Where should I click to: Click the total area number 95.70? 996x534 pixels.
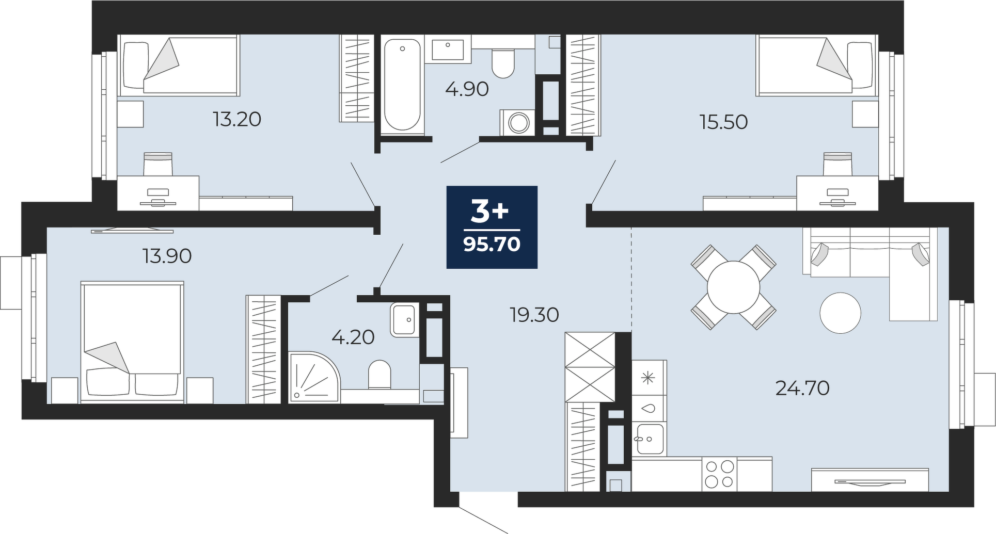click(492, 244)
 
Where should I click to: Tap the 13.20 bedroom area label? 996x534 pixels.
click(237, 120)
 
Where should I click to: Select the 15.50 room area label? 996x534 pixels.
click(723, 122)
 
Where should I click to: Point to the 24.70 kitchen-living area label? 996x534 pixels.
click(802, 387)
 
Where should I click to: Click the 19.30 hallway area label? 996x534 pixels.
click(534, 314)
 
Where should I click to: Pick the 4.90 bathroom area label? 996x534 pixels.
click(467, 89)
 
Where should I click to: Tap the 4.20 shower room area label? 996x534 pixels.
click(353, 337)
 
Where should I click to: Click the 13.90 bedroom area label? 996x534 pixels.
click(167, 256)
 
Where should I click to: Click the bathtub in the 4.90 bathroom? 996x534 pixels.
click(402, 85)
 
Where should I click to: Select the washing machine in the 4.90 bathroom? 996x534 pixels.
click(518, 123)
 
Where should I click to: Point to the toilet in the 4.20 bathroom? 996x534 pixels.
click(380, 375)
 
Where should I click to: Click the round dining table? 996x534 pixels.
click(733, 287)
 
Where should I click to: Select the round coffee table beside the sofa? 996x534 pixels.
click(841, 313)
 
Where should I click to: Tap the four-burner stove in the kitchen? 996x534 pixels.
click(719, 474)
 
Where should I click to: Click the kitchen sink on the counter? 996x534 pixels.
click(650, 439)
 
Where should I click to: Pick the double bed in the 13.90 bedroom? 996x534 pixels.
click(133, 342)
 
